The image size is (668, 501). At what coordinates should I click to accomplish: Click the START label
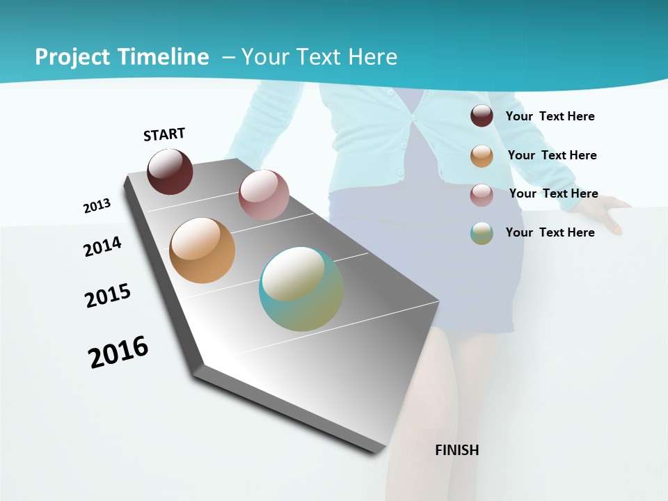click(164, 134)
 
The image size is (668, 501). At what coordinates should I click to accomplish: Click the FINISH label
click(457, 450)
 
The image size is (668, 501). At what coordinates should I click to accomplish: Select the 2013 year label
click(97, 206)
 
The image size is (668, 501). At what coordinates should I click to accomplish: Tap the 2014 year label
click(103, 246)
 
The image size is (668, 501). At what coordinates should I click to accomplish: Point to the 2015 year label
click(108, 296)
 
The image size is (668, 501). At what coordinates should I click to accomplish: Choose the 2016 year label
click(118, 351)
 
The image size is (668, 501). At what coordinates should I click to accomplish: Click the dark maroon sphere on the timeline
click(170, 172)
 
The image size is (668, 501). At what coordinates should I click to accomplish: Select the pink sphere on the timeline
click(264, 194)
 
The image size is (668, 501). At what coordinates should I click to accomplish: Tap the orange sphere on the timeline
click(202, 250)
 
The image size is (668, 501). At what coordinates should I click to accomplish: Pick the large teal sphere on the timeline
click(301, 288)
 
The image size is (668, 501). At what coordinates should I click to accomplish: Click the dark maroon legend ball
click(482, 116)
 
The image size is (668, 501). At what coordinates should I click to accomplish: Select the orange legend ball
click(482, 156)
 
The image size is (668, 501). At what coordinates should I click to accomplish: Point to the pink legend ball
click(482, 195)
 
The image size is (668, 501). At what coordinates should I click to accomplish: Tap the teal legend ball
click(482, 233)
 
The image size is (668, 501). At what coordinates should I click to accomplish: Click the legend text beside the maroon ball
click(550, 116)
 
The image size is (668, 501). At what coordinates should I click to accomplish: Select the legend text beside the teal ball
click(550, 232)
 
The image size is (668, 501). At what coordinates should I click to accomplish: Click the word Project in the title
click(70, 57)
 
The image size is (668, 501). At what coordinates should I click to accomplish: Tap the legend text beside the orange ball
click(552, 155)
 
